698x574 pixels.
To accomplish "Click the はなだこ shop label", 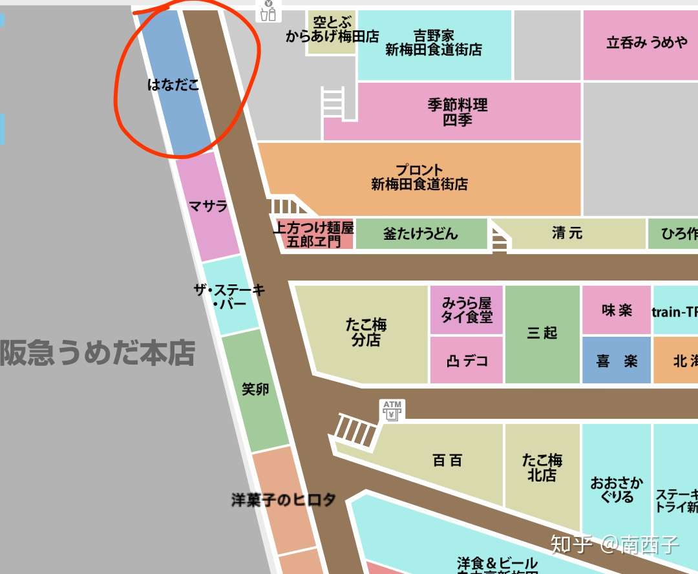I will [x=173, y=84].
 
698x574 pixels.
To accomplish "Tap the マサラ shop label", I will [x=208, y=206].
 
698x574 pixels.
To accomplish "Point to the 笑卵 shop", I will [x=255, y=389].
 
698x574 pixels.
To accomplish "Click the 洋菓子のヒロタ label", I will [x=284, y=500].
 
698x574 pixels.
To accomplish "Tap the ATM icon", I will [x=392, y=410].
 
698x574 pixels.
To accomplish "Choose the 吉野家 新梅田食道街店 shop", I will [x=434, y=43].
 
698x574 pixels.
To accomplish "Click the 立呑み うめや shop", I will [x=646, y=43].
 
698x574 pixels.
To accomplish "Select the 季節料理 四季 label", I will [x=458, y=112].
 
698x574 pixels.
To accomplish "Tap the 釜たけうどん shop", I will [x=421, y=233].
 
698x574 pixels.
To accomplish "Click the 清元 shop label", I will [x=567, y=233].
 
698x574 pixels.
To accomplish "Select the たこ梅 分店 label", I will [x=366, y=332].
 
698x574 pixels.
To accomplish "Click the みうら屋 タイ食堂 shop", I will [x=467, y=310].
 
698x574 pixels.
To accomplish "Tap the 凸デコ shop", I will [x=467, y=361].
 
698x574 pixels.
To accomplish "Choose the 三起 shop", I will [x=542, y=333].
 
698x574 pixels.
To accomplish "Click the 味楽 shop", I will [x=617, y=310].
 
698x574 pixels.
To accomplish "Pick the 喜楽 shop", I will [x=617, y=361].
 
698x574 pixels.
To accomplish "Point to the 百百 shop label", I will [x=447, y=461].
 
